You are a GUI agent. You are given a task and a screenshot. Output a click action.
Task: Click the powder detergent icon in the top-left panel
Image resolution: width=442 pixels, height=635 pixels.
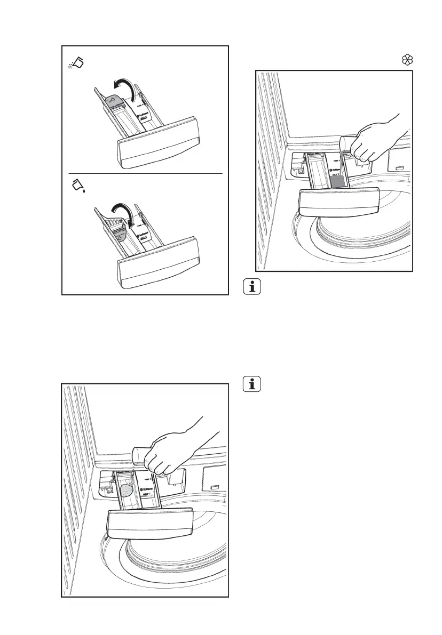click(76, 64)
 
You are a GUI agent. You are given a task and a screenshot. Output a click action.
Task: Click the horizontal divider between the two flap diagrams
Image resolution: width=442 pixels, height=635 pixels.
click(145, 174)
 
